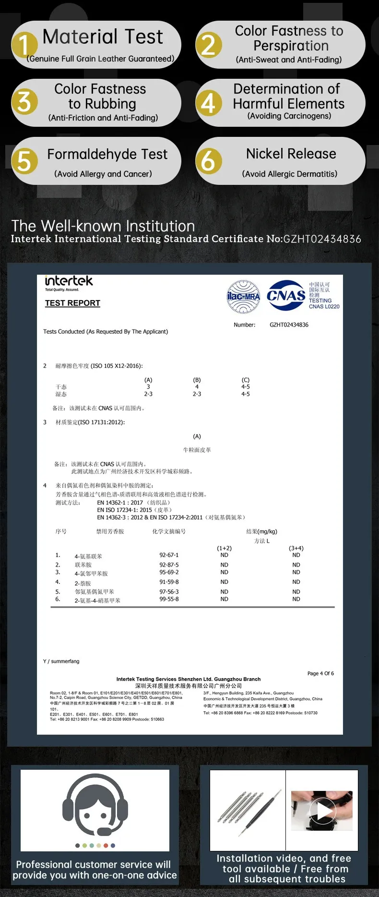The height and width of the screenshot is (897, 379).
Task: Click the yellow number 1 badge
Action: [x=24, y=45]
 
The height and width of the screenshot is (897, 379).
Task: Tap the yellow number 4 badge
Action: [x=209, y=103]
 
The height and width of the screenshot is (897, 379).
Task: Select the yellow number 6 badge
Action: [x=209, y=161]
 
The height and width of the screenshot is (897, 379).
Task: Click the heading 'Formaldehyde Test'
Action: [x=107, y=154]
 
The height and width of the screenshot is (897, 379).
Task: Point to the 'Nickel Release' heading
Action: [x=291, y=154]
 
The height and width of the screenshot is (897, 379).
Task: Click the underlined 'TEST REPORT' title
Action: [x=72, y=303]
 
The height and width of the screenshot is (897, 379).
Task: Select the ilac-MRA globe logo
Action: [x=243, y=296]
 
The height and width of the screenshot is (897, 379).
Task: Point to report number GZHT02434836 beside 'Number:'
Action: [x=289, y=325]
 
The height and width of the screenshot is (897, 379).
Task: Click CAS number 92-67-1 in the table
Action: [x=169, y=555]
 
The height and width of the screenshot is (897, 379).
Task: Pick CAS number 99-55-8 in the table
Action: [x=169, y=599]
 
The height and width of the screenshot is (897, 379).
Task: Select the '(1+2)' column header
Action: [x=224, y=548]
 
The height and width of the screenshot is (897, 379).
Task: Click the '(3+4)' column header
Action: [x=296, y=548]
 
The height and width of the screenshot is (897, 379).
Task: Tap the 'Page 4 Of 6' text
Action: [x=320, y=673]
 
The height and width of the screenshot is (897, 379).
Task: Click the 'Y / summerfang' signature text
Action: [x=61, y=661]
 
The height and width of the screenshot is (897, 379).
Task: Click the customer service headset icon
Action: [x=95, y=805]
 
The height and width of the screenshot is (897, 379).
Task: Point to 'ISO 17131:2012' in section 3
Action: [x=100, y=422]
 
